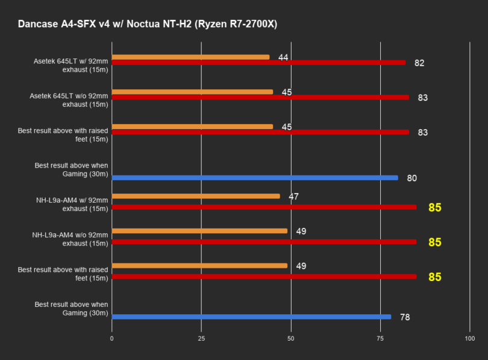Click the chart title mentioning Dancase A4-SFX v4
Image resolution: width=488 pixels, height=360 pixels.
click(148, 24)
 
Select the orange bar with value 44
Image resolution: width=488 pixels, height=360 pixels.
click(190, 57)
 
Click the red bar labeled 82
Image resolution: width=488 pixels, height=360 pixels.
click(258, 62)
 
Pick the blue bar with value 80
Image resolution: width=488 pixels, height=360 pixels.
click(255, 178)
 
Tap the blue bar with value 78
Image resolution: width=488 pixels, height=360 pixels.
click(251, 317)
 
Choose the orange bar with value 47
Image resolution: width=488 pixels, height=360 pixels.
click(196, 196)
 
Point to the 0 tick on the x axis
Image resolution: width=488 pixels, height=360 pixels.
click(111, 339)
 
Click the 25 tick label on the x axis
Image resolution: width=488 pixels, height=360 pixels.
click(201, 339)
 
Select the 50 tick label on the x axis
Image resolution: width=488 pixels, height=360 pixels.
click(291, 339)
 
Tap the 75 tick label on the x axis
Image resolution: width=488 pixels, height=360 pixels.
click(381, 339)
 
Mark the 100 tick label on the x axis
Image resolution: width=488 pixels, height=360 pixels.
click(470, 339)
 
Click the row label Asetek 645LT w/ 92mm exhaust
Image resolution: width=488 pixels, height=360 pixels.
click(71, 65)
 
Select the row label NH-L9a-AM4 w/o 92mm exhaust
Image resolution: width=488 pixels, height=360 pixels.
click(70, 238)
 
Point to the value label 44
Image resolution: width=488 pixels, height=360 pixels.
click(283, 57)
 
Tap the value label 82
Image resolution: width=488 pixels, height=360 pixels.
click(419, 63)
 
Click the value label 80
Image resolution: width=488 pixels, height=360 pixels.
click(411, 178)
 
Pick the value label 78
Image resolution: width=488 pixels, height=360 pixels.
click(405, 317)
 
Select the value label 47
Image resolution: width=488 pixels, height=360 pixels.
click(293, 197)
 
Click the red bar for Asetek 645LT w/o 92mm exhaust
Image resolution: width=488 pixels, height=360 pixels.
click(260, 97)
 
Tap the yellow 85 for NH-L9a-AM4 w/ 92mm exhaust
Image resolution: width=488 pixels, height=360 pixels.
click(435, 207)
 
